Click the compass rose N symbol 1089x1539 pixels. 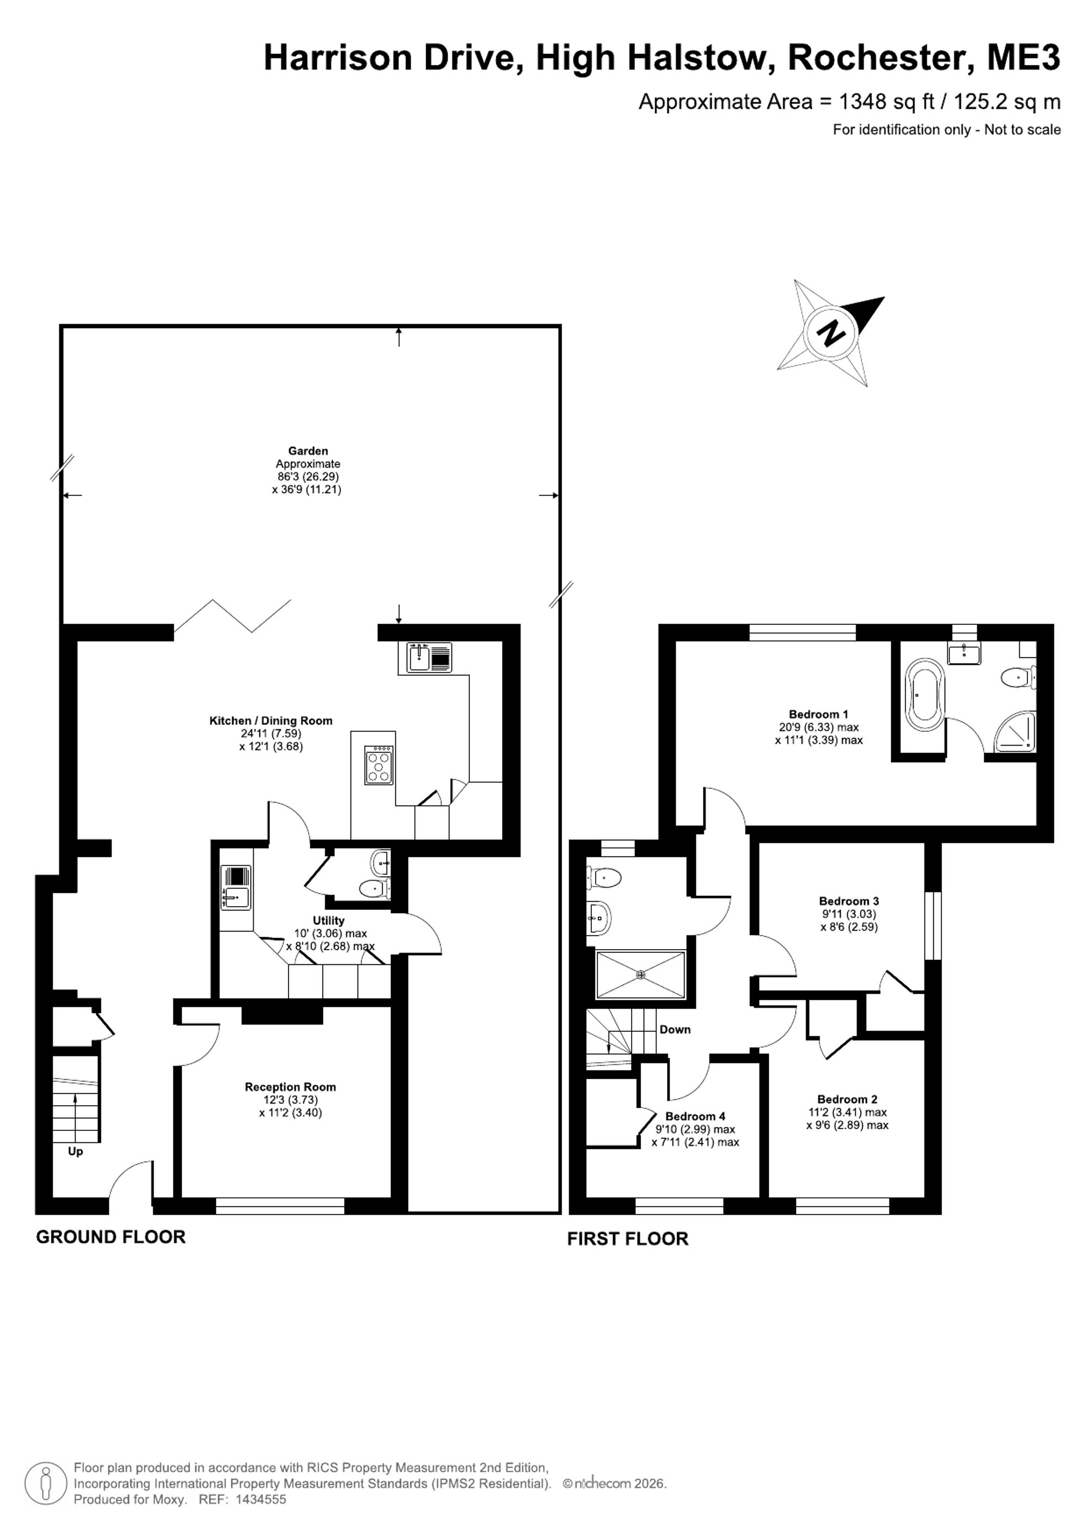click(832, 333)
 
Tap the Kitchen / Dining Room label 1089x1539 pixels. click(271, 721)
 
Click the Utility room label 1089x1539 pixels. click(328, 921)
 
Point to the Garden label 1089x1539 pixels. click(308, 451)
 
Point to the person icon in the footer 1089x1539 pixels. click(46, 1481)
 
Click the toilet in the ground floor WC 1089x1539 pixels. click(374, 889)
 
